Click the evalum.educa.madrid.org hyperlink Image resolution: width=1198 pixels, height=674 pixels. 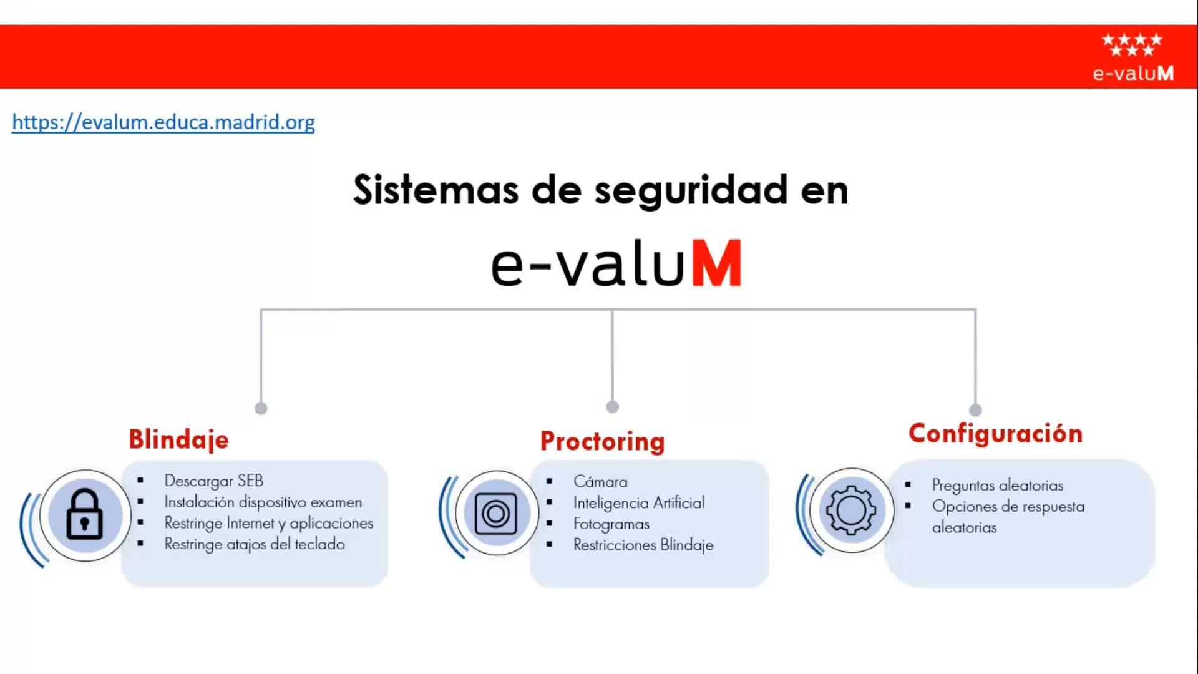(163, 122)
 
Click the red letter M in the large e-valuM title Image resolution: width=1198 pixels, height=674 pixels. (717, 264)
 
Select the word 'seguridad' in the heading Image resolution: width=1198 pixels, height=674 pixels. (691, 190)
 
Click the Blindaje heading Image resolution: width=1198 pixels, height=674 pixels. (178, 439)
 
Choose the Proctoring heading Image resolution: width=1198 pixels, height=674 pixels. (602, 442)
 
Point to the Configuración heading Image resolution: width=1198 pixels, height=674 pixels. (995, 434)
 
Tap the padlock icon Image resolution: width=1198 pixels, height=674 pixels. (84, 514)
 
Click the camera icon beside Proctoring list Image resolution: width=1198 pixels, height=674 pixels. (496, 514)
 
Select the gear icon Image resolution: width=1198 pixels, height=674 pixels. (851, 510)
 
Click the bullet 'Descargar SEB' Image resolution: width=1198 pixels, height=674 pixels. (214, 481)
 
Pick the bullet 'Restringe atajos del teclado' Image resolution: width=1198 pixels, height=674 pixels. (255, 544)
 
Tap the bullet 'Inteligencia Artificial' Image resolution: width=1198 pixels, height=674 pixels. (639, 503)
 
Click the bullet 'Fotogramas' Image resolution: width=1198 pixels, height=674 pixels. (611, 524)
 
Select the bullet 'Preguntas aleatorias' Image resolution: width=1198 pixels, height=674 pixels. (998, 486)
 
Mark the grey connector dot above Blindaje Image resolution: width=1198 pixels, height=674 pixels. (261, 408)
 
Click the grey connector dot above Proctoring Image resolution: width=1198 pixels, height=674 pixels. (612, 407)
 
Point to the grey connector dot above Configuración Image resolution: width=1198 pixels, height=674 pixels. (975, 410)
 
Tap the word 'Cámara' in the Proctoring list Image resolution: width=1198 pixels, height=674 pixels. (600, 482)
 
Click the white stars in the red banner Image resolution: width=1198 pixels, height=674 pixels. (1132, 44)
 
